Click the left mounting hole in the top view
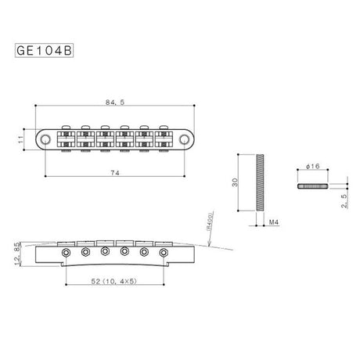[49, 139]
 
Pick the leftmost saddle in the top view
[66, 139]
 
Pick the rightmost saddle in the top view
[166, 139]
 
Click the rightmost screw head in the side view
[164, 254]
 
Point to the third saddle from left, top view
[106, 139]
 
